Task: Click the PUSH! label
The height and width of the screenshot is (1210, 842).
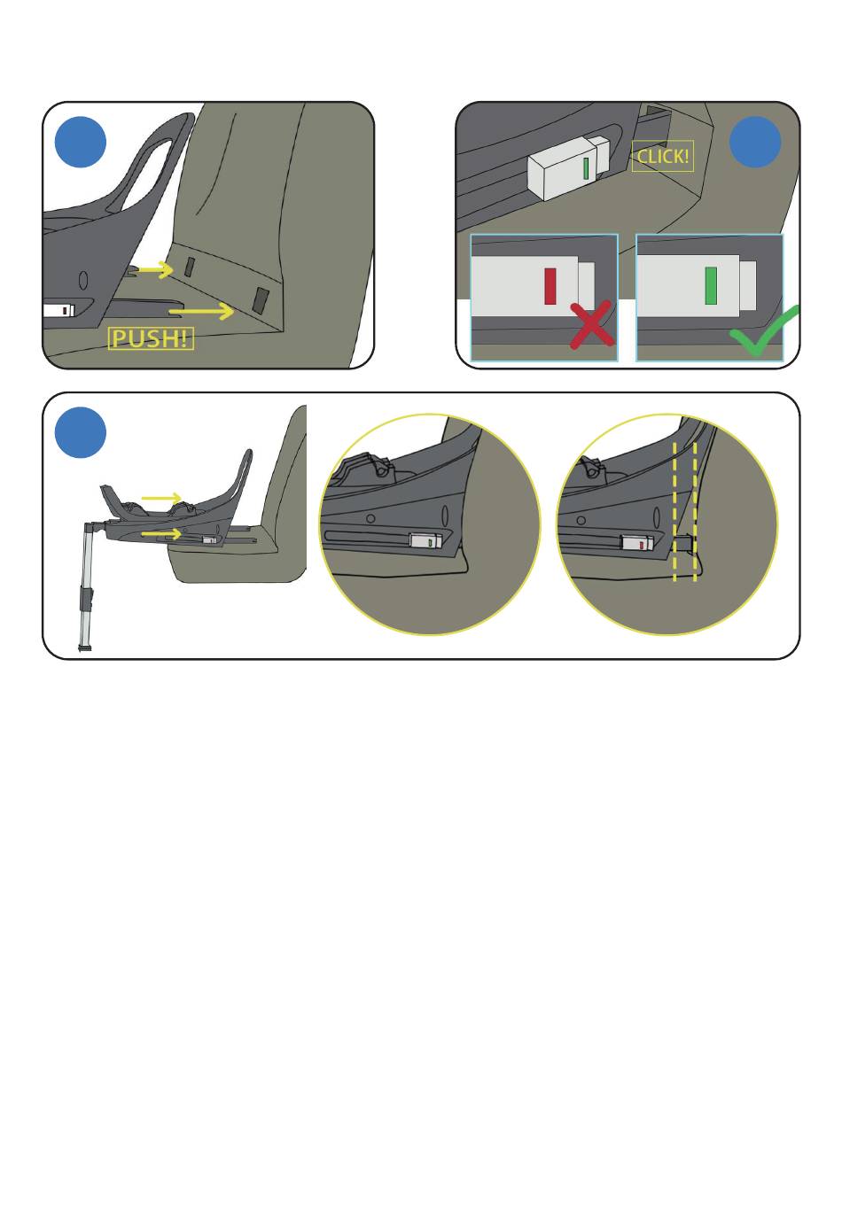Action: coord(151,338)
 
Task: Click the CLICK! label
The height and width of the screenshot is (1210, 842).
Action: coord(663,157)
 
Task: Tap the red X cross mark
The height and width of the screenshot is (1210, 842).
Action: coord(592,325)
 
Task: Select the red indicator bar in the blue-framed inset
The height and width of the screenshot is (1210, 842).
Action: coord(550,286)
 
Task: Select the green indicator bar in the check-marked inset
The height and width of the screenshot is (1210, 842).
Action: coord(711,285)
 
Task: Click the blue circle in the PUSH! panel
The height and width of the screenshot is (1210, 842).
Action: coord(81,142)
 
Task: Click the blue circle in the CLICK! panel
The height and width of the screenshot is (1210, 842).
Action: coord(755,142)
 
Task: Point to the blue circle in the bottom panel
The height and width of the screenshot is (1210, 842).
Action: coord(81,432)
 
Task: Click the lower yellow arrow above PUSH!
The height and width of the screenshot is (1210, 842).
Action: coord(201,311)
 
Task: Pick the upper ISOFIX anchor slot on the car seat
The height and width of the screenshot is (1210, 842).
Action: coord(190,267)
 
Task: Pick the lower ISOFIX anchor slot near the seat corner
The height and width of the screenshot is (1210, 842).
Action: coord(261,300)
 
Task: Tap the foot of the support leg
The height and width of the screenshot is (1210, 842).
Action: coord(85,648)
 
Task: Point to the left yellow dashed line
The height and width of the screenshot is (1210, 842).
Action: coord(674,512)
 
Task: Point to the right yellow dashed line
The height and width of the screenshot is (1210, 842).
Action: coord(695,512)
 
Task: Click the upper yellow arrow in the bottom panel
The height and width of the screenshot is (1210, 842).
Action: coord(161,498)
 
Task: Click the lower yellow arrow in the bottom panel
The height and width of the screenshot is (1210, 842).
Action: coord(161,534)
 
